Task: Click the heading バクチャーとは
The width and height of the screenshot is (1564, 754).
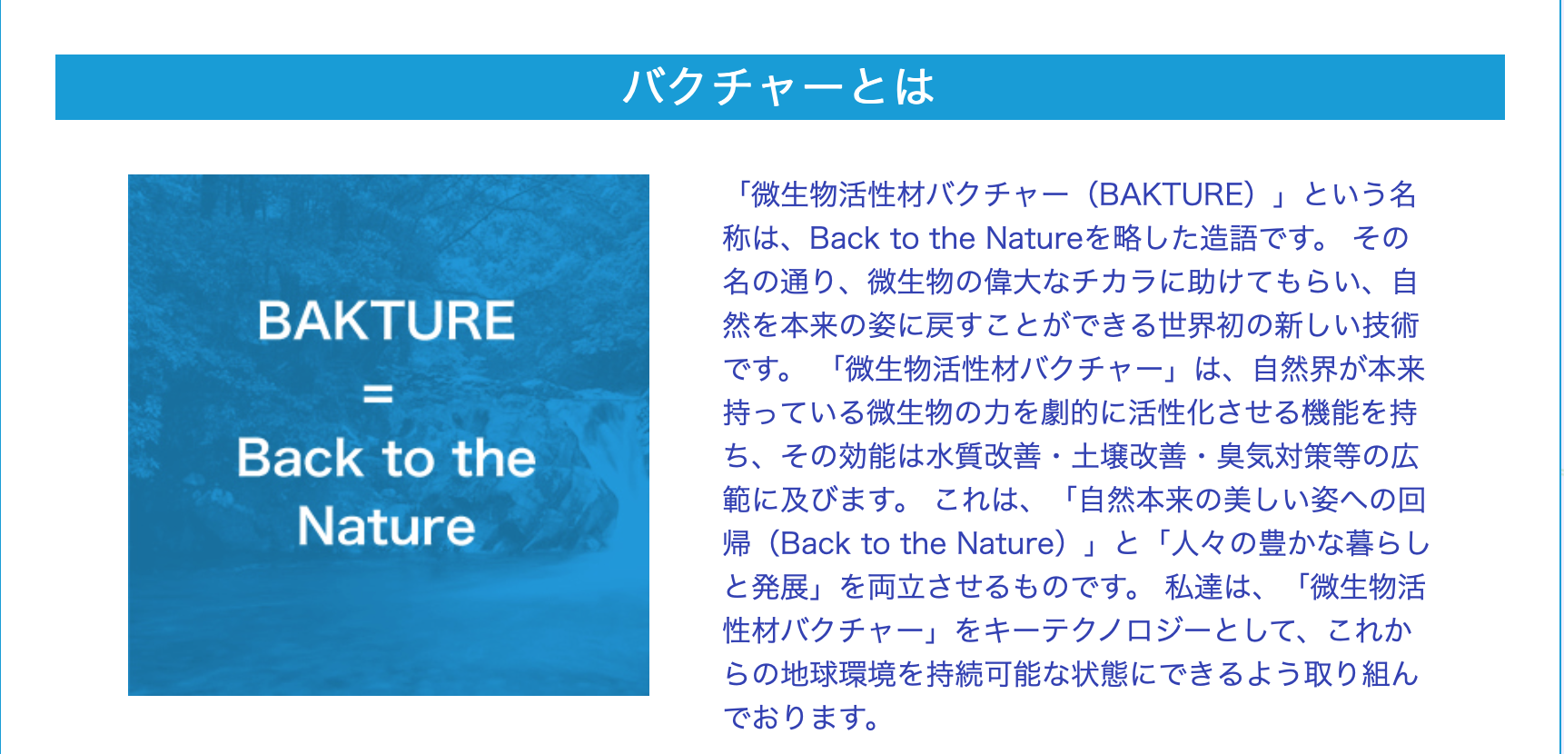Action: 779,87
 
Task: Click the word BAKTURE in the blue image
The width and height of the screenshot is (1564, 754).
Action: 387,321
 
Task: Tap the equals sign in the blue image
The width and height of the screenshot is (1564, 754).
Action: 378,393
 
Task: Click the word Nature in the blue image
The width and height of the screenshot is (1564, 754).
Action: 387,527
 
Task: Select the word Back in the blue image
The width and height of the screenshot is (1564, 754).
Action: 301,458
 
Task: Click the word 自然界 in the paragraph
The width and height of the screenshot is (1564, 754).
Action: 1296,369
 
